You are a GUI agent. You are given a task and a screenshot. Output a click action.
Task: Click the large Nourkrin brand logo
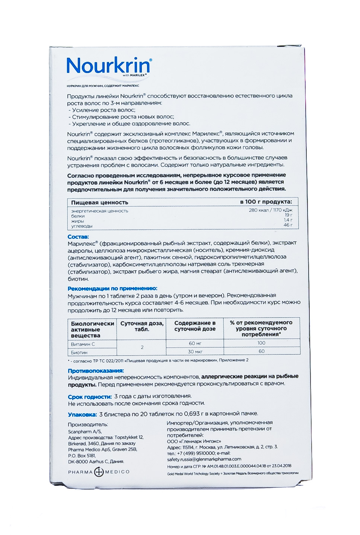pos(109,66)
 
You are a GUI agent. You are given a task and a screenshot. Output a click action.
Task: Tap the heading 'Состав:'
pos(78,237)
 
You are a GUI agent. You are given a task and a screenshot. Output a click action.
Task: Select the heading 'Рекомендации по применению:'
pos(112,289)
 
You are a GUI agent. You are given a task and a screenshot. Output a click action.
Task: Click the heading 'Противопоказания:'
pos(96,371)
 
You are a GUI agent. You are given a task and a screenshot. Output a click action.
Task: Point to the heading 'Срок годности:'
pos(90,397)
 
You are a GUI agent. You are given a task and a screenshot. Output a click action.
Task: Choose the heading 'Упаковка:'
pos(82,414)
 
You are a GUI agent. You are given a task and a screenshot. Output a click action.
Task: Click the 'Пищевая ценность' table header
pos(100,203)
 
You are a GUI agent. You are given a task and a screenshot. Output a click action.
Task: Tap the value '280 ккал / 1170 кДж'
pos(270,210)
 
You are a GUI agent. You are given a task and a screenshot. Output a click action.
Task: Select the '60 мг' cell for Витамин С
pos(195,343)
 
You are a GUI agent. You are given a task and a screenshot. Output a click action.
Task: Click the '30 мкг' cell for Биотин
pos(195,351)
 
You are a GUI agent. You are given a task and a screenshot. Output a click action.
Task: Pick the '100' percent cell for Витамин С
pos(261,343)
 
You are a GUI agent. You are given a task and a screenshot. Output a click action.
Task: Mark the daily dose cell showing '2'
pos(142,347)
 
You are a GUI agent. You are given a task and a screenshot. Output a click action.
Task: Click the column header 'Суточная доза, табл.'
pos(142,327)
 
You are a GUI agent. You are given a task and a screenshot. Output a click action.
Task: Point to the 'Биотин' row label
pos(79,352)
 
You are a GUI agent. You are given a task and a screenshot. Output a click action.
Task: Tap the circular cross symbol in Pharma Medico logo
pos(99,472)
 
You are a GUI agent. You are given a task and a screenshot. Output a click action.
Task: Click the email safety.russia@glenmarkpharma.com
pos(204,459)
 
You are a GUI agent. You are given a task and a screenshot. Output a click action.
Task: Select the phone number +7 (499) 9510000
pos(197,453)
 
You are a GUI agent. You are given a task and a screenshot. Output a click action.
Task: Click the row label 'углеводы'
pos(82,226)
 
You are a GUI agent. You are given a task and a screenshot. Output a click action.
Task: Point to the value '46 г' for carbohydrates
pos(288,225)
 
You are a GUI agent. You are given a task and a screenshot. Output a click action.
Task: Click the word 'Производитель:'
pos(88,425)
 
